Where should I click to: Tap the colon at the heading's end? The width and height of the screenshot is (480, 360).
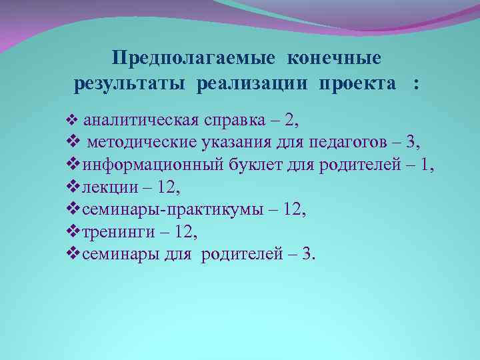click(417, 85)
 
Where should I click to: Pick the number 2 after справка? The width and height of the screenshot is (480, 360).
click(290, 120)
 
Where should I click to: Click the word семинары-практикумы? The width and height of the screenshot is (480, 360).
click(169, 209)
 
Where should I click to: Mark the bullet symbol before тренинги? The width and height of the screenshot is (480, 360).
click(74, 231)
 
